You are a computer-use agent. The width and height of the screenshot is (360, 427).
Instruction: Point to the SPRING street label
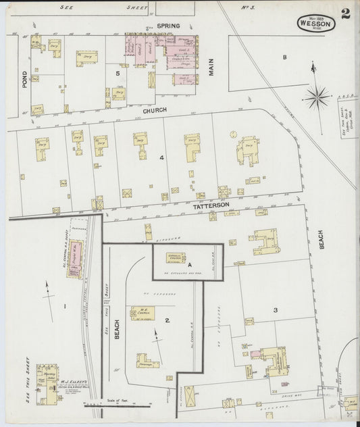168,26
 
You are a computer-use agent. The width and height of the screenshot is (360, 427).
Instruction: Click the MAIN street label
211,67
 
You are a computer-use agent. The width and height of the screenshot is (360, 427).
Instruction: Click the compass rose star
317,98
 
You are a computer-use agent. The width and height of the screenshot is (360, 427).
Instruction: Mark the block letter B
284,57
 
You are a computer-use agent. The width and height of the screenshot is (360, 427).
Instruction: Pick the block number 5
118,72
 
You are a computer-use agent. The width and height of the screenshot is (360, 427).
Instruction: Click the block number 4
161,157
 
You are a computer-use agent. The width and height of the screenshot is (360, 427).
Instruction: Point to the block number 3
275,310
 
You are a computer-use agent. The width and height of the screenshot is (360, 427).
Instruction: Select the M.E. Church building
143,313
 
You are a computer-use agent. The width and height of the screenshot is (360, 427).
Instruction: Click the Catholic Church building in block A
176,257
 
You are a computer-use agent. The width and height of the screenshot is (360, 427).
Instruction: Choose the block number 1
64,307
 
